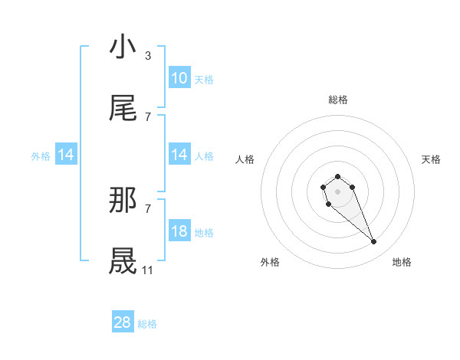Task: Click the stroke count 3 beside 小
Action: click(x=148, y=55)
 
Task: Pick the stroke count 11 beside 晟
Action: click(x=148, y=270)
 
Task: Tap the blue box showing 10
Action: click(x=179, y=78)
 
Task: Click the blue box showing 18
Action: click(x=179, y=231)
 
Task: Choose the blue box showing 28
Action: click(x=123, y=323)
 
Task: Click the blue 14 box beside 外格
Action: click(x=66, y=155)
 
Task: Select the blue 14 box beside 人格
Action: click(x=179, y=155)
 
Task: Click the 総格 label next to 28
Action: click(x=147, y=324)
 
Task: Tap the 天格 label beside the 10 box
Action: click(x=204, y=79)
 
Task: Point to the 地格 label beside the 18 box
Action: click(x=204, y=232)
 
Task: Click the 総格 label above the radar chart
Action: click(x=338, y=100)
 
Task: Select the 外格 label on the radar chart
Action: click(x=270, y=262)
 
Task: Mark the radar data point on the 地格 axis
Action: click(x=374, y=242)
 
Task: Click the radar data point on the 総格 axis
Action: click(x=337, y=177)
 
